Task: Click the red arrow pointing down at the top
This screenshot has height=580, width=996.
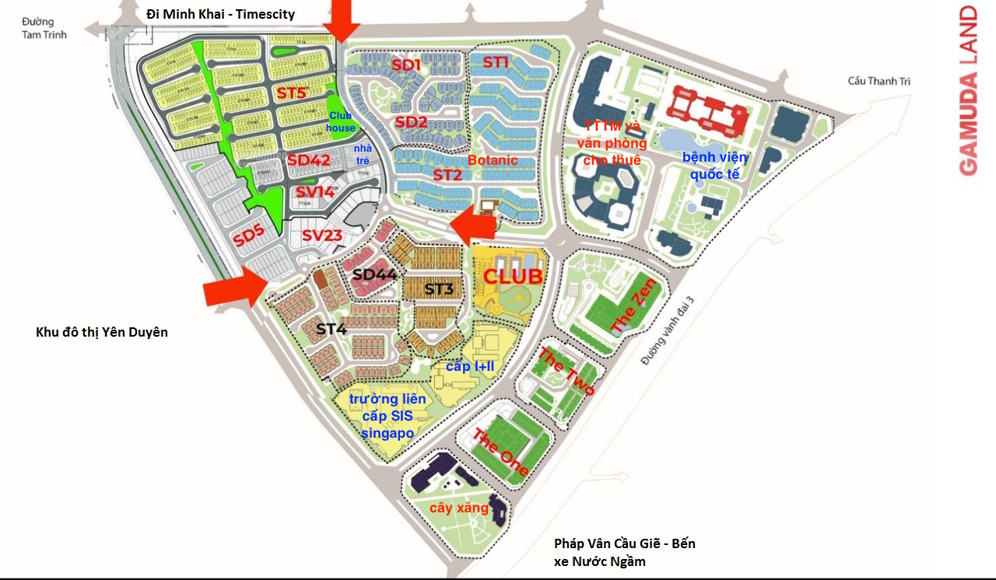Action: (x=341, y=19)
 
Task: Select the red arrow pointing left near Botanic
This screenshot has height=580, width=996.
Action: (x=474, y=222)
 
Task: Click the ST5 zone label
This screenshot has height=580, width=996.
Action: (x=292, y=93)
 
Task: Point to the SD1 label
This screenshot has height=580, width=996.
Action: (x=406, y=65)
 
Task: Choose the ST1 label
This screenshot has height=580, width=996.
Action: (x=496, y=61)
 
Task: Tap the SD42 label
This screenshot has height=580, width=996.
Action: (x=309, y=160)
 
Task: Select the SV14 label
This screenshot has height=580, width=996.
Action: (x=315, y=191)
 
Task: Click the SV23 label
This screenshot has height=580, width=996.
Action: (x=322, y=235)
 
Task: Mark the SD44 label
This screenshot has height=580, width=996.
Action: (x=374, y=274)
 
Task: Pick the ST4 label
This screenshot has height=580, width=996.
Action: (x=331, y=329)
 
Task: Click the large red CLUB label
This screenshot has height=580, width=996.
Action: (x=513, y=276)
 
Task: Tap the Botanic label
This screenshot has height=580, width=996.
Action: (x=493, y=160)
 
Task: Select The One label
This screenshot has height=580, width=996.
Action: (x=501, y=452)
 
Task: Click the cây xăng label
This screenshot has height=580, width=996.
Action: (x=459, y=508)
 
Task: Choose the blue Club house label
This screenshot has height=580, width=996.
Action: (x=341, y=122)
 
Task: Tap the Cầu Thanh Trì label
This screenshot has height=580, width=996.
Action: (x=879, y=81)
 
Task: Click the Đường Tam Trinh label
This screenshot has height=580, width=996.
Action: (x=44, y=28)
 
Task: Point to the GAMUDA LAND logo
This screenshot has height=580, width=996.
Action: (x=968, y=90)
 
